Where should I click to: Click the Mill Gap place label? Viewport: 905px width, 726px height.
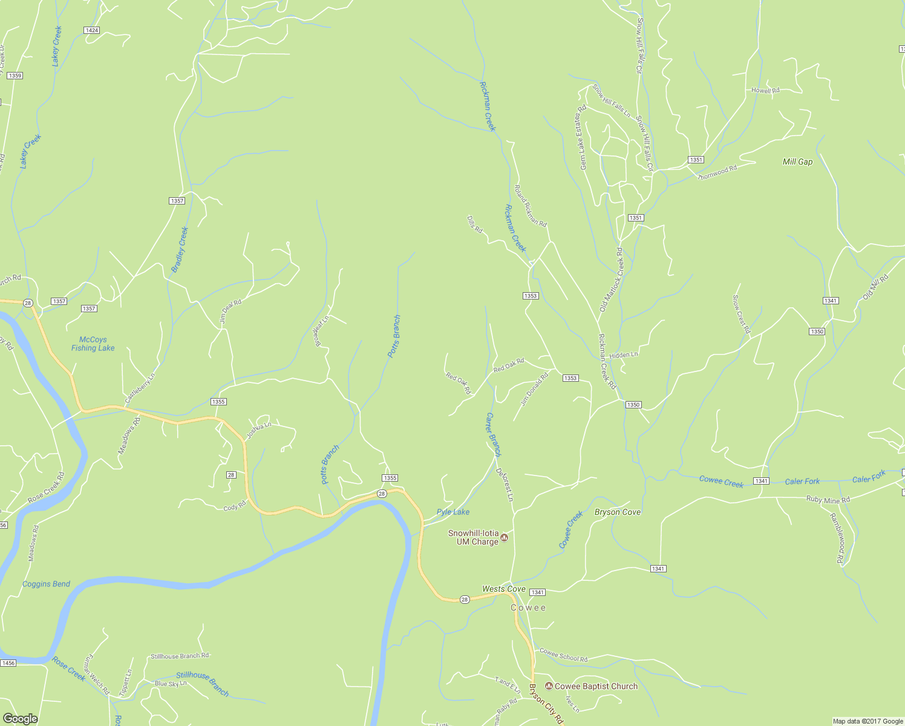click(797, 162)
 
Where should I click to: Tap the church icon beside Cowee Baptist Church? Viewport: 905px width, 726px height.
click(549, 686)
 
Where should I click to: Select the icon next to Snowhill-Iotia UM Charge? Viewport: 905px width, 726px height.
click(505, 538)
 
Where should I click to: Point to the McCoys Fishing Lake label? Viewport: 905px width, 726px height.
click(93, 344)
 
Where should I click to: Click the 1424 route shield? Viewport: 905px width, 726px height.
click(92, 30)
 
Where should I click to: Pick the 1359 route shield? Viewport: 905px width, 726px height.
click(15, 76)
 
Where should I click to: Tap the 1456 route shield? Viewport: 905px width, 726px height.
click(8, 663)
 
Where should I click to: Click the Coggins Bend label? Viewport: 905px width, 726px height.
click(46, 584)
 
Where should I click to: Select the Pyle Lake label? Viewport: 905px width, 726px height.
click(453, 512)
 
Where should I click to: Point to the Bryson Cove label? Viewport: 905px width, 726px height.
click(617, 512)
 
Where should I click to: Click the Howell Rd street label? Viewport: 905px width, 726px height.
click(765, 91)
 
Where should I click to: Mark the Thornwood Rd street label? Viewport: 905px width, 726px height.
click(717, 172)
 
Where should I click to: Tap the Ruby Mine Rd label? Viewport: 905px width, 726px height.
click(828, 500)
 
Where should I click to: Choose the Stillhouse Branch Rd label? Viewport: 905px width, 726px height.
click(180, 656)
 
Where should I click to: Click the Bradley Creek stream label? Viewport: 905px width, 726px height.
click(180, 250)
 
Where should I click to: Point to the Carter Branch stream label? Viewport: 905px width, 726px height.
click(494, 434)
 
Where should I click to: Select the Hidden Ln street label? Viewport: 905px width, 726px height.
click(623, 355)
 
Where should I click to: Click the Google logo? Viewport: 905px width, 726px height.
click(20, 718)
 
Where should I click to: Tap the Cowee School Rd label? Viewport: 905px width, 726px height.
click(563, 655)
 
